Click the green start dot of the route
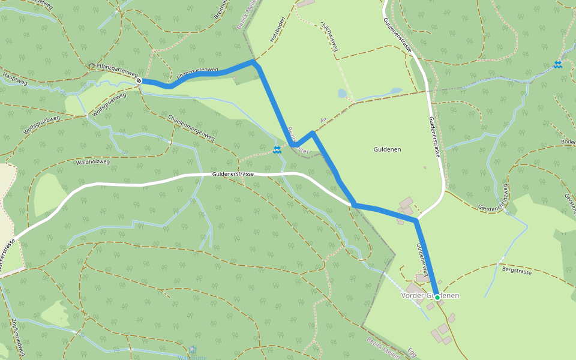click(437, 297)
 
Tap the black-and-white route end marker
click(139, 80)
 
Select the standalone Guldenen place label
click(387, 149)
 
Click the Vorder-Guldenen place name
click(430, 296)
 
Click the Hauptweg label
click(16, 78)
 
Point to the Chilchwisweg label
click(331, 37)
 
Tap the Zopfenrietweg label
click(17, 337)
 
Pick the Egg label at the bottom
click(413, 352)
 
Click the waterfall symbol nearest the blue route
click(277, 149)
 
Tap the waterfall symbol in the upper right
click(558, 64)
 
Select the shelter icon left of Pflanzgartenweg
click(92, 65)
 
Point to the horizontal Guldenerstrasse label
click(233, 174)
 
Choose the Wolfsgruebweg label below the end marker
click(110, 104)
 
